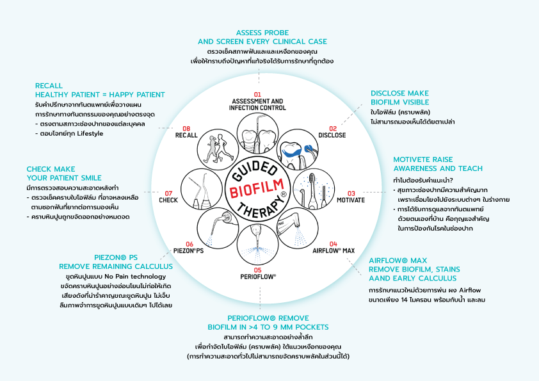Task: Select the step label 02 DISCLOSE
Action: pyautogui.click(x=332, y=132)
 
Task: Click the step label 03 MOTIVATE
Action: pyautogui.click(x=351, y=196)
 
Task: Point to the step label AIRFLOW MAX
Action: pyautogui.click(x=333, y=250)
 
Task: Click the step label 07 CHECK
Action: pyautogui.click(x=167, y=196)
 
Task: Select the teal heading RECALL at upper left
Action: pyautogui.click(x=49, y=85)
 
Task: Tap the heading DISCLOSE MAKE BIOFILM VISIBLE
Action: pyautogui.click(x=399, y=97)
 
